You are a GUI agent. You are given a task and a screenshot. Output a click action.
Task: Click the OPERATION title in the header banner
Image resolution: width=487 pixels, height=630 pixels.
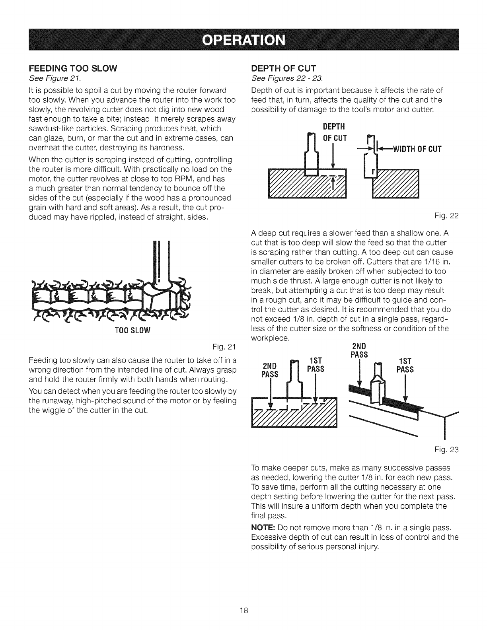[x=243, y=40]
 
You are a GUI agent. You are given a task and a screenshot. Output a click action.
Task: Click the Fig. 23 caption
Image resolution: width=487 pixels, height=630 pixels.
[x=451, y=450]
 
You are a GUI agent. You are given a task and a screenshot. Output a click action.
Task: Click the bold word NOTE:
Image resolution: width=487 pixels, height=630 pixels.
[x=263, y=528]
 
